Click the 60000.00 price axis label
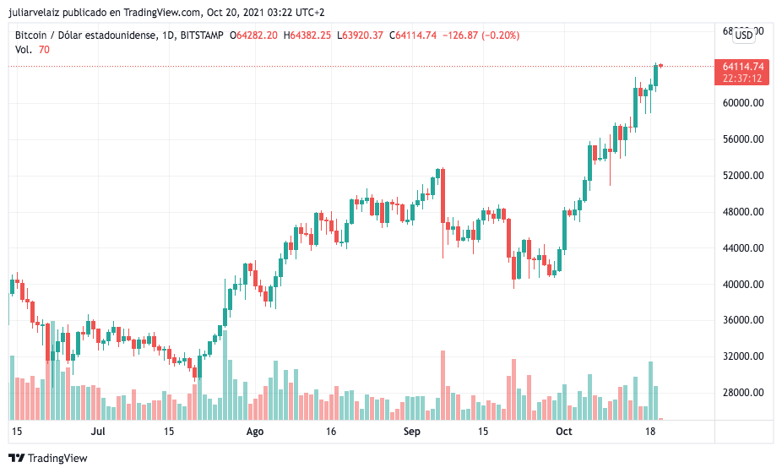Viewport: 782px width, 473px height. tap(743, 103)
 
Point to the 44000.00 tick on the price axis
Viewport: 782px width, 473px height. tap(743, 248)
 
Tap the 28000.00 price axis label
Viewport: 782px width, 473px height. tap(743, 393)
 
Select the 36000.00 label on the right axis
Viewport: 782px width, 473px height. tap(743, 320)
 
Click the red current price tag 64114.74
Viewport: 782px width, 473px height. tap(743, 67)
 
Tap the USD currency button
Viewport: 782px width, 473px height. tap(744, 35)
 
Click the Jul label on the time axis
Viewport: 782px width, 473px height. tap(98, 432)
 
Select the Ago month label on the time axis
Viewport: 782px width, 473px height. tap(254, 432)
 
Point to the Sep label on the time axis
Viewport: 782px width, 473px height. tap(411, 432)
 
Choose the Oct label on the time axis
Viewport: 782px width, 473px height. tap(563, 432)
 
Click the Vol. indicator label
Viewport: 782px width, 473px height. tap(24, 50)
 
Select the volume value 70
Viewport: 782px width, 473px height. tap(44, 50)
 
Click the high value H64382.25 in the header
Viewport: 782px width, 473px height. tap(307, 35)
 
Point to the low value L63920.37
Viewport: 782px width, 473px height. tap(360, 35)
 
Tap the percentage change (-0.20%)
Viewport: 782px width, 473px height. tap(497, 35)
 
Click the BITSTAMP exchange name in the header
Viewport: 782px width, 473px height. tap(203, 35)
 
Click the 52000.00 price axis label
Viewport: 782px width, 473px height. tap(743, 176)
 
